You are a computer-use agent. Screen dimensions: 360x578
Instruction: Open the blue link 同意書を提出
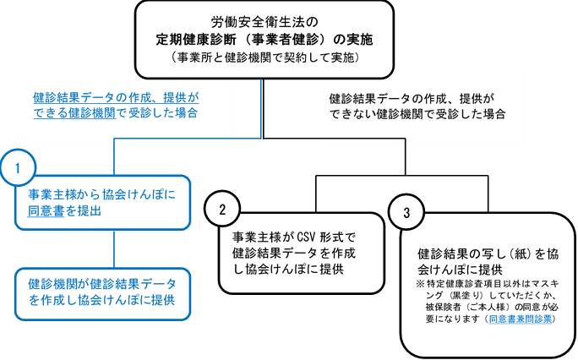click(x=65, y=211)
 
